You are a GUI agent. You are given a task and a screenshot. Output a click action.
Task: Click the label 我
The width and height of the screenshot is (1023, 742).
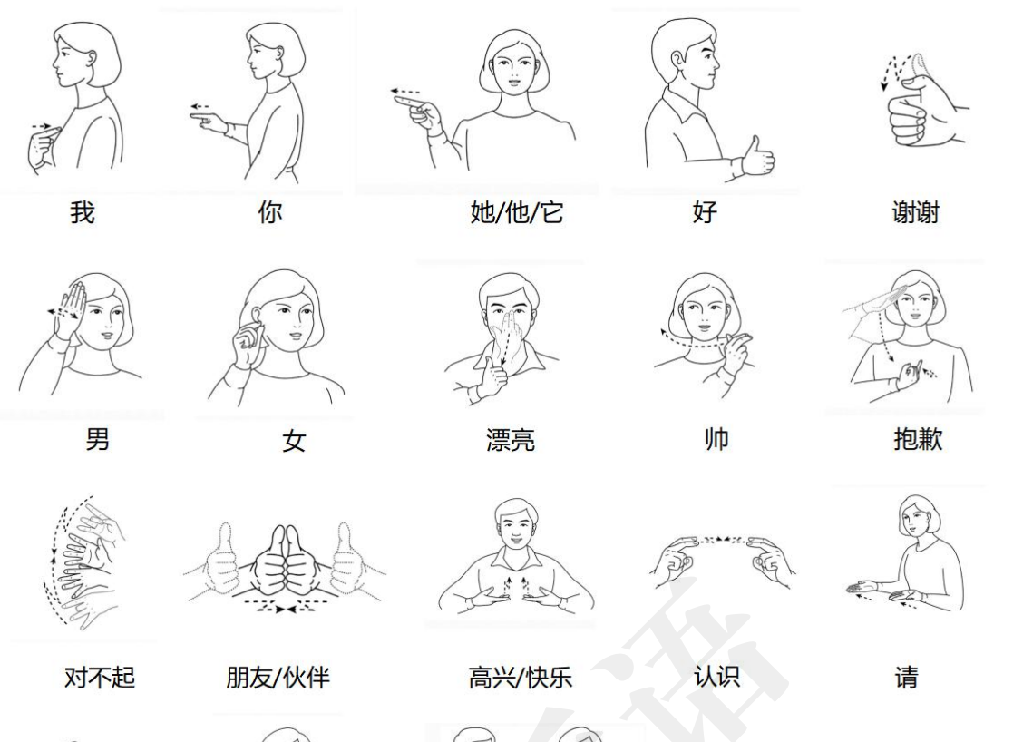(x=83, y=213)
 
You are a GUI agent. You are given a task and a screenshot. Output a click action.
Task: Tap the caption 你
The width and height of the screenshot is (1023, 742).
(x=269, y=212)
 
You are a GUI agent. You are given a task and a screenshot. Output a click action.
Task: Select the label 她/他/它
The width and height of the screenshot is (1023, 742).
(x=516, y=213)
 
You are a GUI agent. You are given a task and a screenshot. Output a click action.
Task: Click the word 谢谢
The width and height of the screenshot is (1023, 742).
(x=915, y=213)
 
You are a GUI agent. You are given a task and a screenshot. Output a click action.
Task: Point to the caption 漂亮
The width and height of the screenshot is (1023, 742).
(x=511, y=440)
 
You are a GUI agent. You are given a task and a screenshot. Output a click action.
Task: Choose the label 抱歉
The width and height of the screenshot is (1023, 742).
(x=918, y=439)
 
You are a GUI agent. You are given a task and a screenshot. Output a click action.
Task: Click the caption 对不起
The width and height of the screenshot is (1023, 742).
(x=100, y=678)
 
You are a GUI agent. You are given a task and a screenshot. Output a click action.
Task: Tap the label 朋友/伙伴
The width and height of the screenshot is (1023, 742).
(x=278, y=678)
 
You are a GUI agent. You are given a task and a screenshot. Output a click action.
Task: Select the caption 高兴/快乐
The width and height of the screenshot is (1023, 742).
(x=520, y=678)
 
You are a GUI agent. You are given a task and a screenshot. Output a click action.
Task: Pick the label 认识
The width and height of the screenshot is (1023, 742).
(x=716, y=677)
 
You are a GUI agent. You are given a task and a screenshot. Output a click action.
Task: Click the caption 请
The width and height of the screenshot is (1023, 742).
(x=906, y=678)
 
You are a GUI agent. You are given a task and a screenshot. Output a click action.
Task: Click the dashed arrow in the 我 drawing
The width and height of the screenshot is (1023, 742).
(x=41, y=126)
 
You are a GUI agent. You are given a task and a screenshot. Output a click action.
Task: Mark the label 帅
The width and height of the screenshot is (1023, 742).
(x=716, y=439)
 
